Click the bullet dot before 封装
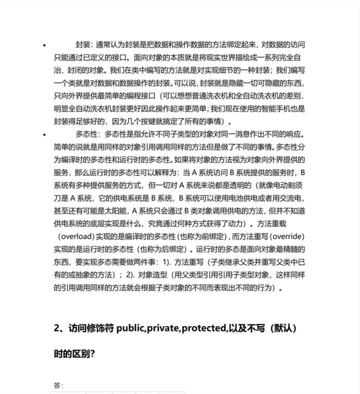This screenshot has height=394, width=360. [x=51, y=44]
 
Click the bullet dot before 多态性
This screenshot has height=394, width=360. [x=51, y=135]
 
